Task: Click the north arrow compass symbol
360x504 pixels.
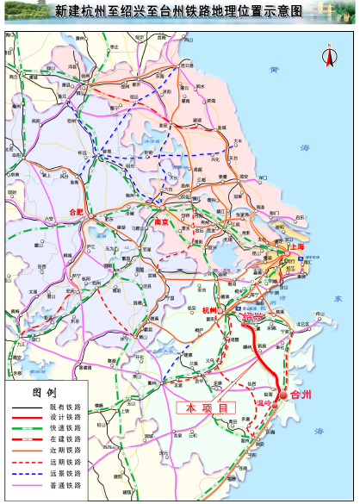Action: (x=328, y=56)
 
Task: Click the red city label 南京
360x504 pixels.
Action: (x=160, y=221)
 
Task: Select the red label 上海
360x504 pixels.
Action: (x=295, y=246)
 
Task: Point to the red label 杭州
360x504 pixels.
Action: (x=212, y=311)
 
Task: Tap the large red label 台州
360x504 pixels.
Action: (x=301, y=394)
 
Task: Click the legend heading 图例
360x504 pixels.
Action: (x=44, y=391)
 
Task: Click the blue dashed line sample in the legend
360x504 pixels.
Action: (x=28, y=474)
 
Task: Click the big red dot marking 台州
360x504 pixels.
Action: (x=285, y=395)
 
